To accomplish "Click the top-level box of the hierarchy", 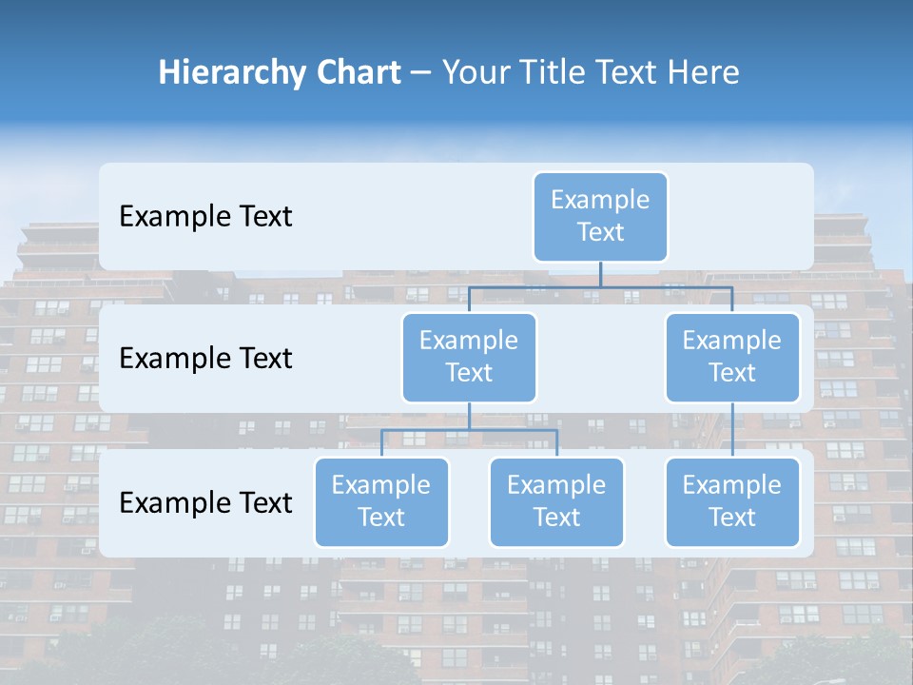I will coord(600,216).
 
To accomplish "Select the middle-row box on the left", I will coord(469,357).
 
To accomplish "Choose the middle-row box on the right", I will coord(732,357).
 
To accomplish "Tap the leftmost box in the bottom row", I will coord(381,501).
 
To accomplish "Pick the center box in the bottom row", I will coord(556,501).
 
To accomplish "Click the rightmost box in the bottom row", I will coord(732,501).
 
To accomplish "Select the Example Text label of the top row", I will coord(205,217).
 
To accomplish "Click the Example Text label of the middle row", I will coord(205,359).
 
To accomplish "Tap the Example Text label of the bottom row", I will coord(205,503).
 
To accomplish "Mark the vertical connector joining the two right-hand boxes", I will coord(732,429).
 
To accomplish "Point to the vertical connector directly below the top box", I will coord(600,274).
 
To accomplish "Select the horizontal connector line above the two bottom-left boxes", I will coord(469,430).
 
